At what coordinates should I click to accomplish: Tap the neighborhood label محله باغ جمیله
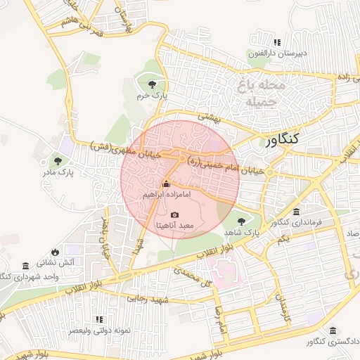click(261, 94)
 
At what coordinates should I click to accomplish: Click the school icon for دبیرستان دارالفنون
click(276, 43)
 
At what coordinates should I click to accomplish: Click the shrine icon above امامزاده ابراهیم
click(166, 184)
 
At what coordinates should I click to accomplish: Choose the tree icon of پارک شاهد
click(241, 220)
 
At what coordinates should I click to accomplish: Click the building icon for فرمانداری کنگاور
click(296, 212)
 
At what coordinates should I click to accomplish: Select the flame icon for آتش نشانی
click(56, 251)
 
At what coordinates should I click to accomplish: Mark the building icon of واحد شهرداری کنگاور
click(25, 266)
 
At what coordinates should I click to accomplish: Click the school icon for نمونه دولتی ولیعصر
click(98, 319)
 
